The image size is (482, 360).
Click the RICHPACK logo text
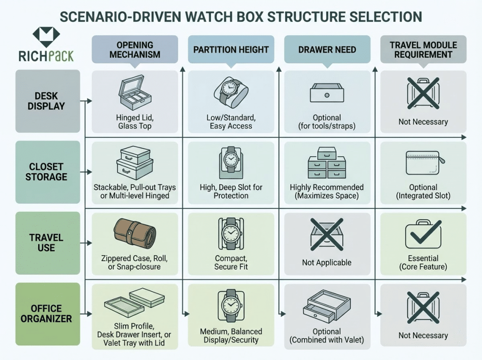(46, 56)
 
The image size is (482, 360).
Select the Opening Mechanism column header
(135, 49)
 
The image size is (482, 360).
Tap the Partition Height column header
(231, 49)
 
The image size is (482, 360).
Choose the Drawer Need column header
(327, 49)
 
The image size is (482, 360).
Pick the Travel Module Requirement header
(423, 49)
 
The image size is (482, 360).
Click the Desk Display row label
(46, 101)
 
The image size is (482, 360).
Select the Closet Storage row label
(46, 172)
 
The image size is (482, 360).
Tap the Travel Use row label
(46, 243)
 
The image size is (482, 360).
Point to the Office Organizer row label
(46, 314)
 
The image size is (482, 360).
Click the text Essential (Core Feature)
(423, 263)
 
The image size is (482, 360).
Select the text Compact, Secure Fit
(231, 263)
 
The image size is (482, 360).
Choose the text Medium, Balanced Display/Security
(231, 336)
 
